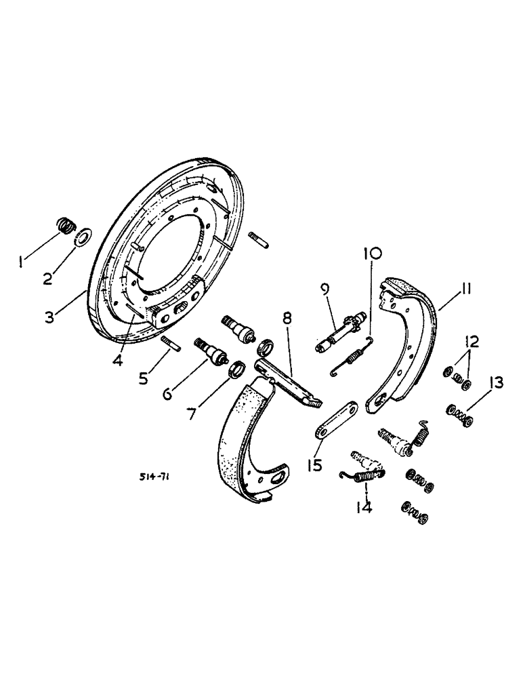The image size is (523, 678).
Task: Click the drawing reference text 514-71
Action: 155,477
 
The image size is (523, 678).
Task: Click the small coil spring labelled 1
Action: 64,224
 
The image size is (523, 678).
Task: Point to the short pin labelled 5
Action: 169,344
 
